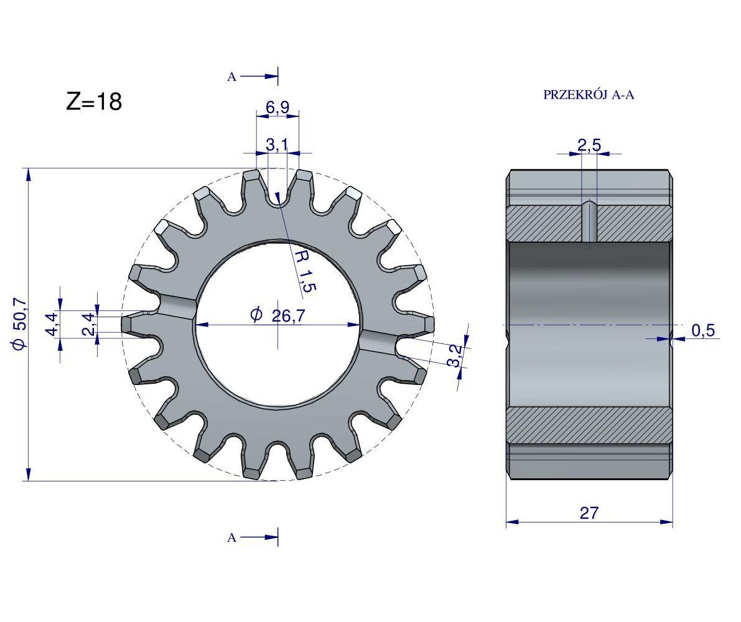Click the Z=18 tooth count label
(94, 102)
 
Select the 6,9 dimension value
(277, 108)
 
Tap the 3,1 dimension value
(277, 145)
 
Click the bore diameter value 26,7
(288, 316)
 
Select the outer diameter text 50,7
(20, 323)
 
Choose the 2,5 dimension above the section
(589, 146)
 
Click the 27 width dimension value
(589, 513)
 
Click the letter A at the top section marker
(232, 77)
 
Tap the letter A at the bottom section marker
(232, 538)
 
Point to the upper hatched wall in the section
(548, 223)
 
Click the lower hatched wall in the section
(589, 424)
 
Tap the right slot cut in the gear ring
(378, 341)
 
